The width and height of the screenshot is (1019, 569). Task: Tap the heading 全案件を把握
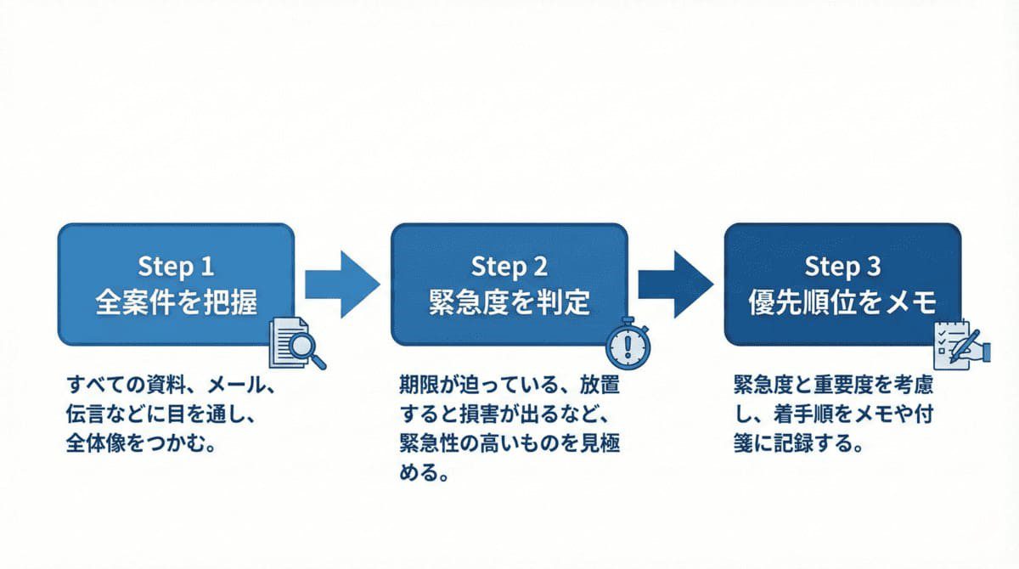176,302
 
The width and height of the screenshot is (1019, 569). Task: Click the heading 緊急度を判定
509,302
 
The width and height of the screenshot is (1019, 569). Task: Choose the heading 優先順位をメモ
842,302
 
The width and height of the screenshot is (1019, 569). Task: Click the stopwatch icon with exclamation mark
628,344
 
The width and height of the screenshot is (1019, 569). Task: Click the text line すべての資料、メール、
170,387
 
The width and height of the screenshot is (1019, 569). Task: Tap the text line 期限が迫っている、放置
509,387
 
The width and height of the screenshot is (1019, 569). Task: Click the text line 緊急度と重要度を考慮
833,387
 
